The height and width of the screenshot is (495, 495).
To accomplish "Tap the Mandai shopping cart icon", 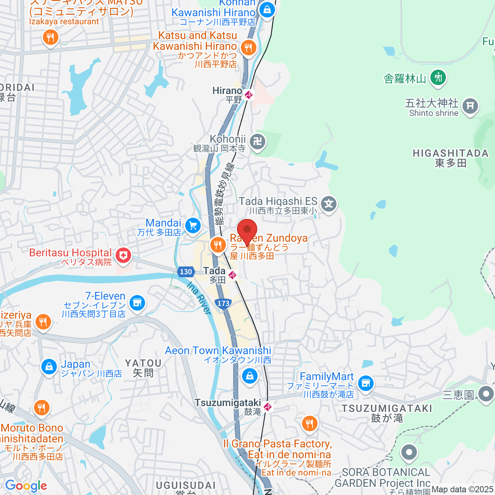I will pos(193,225).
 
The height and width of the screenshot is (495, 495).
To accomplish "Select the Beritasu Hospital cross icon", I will pos(123,256).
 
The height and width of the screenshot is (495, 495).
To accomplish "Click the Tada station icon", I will pos(233,275).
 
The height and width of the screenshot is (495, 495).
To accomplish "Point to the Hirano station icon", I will pos(248,95).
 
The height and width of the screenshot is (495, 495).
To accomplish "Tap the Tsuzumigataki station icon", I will pos(268,407).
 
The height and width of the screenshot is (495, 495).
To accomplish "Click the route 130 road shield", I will pos(186,271).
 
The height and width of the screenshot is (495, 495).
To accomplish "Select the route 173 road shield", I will pos(223,303).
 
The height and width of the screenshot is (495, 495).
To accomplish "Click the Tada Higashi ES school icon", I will pos(329,204).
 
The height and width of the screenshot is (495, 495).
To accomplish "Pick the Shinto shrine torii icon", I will pos(469,106).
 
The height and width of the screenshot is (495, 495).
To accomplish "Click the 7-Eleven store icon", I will pos(137,303).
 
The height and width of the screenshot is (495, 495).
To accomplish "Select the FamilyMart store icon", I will pos(365,384).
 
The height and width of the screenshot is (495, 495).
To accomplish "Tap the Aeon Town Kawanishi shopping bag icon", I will pos(249,376).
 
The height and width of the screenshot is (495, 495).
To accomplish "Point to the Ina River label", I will pos(199,298).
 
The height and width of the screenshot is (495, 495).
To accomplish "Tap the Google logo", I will pos(26,486).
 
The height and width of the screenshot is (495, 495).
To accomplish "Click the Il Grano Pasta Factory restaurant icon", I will pos(309,424).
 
